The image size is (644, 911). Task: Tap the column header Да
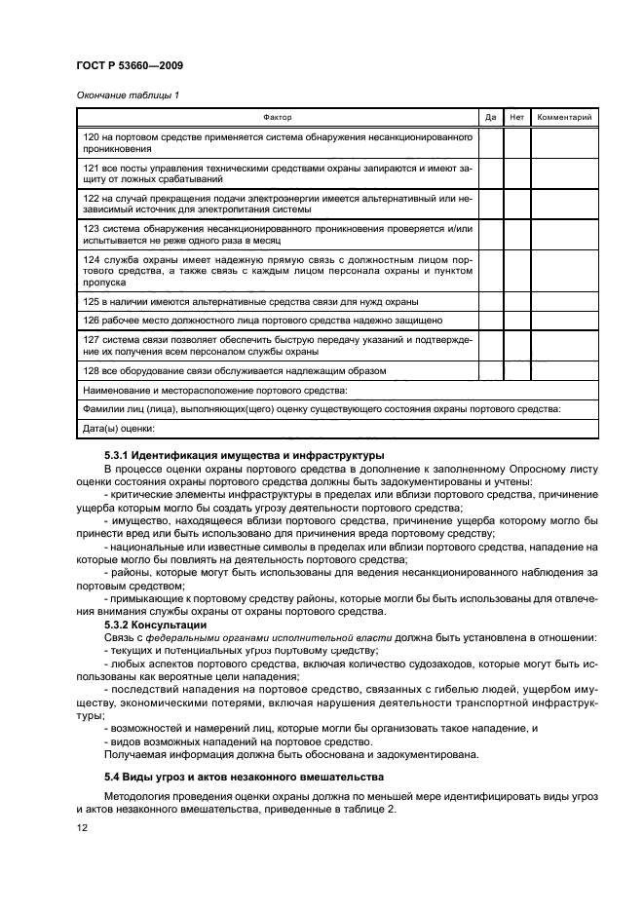pos(490,118)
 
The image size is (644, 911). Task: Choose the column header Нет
pos(516,118)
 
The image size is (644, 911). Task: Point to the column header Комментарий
pos(565,118)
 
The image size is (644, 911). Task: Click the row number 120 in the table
pos(92,137)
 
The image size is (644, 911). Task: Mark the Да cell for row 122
pos(490,203)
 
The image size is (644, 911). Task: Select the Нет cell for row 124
pos(516,272)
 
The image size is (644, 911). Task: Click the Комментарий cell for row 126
pos(565,320)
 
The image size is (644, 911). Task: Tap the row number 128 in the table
pos(92,371)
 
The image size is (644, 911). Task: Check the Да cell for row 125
pos(490,303)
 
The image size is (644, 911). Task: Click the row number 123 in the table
pos(92,227)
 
